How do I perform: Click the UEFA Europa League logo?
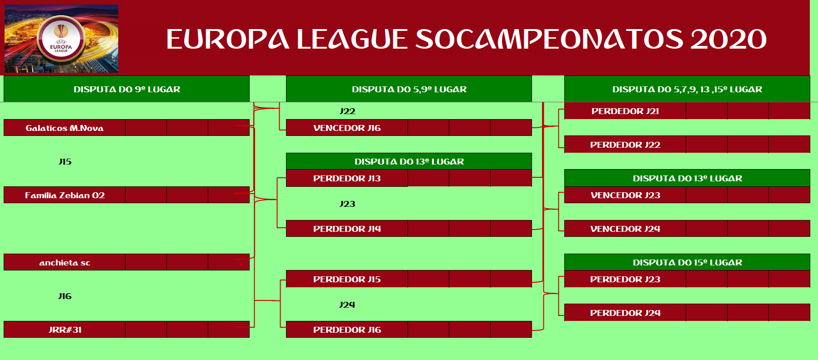(61, 39)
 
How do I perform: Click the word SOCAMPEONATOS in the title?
(549, 39)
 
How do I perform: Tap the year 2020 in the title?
(728, 39)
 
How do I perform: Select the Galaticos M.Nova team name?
(65, 128)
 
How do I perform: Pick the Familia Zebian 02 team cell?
(65, 195)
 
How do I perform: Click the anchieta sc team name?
(65, 263)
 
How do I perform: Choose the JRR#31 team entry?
(65, 330)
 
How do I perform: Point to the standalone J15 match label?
(65, 162)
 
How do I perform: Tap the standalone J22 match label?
(347, 111)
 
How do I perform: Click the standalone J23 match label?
(347, 204)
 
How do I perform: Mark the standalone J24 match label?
(347, 305)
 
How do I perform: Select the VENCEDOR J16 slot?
(347, 128)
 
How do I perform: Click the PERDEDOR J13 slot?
(347, 179)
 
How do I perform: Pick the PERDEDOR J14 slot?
(347, 229)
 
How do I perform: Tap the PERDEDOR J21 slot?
(625, 111)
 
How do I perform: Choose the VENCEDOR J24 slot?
(625, 229)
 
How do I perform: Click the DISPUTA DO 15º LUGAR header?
(688, 263)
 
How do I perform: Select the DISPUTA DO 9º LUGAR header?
(127, 90)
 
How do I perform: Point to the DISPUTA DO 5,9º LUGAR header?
(409, 90)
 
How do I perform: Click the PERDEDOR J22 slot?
(625, 145)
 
